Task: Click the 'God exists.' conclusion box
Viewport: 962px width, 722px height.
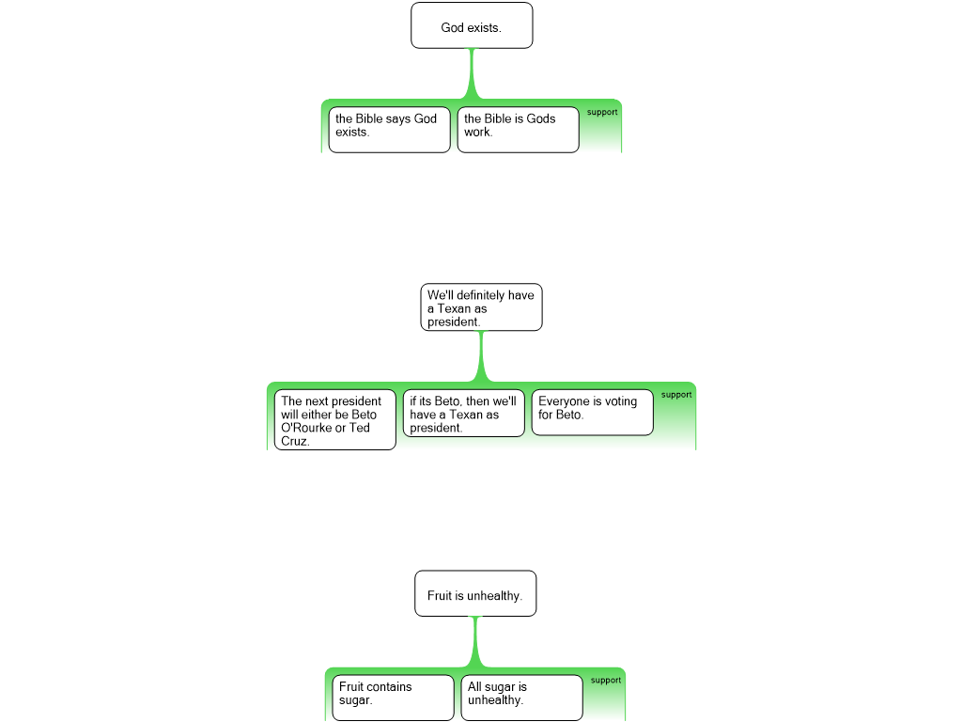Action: (x=472, y=25)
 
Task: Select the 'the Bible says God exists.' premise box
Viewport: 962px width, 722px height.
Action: (x=390, y=130)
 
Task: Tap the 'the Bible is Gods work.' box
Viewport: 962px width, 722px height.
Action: (x=519, y=130)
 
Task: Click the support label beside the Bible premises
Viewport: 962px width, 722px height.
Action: (x=602, y=113)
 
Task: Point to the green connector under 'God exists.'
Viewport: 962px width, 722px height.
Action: (x=472, y=73)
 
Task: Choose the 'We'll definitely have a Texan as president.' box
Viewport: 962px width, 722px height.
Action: (x=482, y=307)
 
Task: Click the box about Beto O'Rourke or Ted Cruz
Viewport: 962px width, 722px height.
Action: (x=335, y=420)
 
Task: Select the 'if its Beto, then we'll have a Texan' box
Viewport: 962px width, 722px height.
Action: (x=464, y=414)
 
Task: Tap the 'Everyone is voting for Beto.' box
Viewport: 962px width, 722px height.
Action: (x=593, y=413)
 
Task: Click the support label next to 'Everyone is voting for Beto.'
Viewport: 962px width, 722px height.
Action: (x=676, y=395)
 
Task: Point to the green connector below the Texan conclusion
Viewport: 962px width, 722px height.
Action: (x=482, y=356)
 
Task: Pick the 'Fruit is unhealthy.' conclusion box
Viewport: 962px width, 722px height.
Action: (x=475, y=594)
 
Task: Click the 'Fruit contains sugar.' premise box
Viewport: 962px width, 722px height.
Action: (x=394, y=698)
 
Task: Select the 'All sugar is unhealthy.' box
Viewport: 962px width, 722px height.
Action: (x=522, y=698)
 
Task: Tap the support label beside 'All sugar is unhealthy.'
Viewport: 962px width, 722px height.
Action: (x=606, y=681)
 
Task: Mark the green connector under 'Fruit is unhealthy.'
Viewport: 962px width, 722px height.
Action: (x=475, y=642)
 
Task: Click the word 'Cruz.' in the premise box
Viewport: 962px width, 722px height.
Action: (x=295, y=442)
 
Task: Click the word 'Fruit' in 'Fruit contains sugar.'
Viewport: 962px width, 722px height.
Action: (x=351, y=687)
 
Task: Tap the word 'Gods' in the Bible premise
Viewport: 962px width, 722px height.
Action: (x=540, y=118)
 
